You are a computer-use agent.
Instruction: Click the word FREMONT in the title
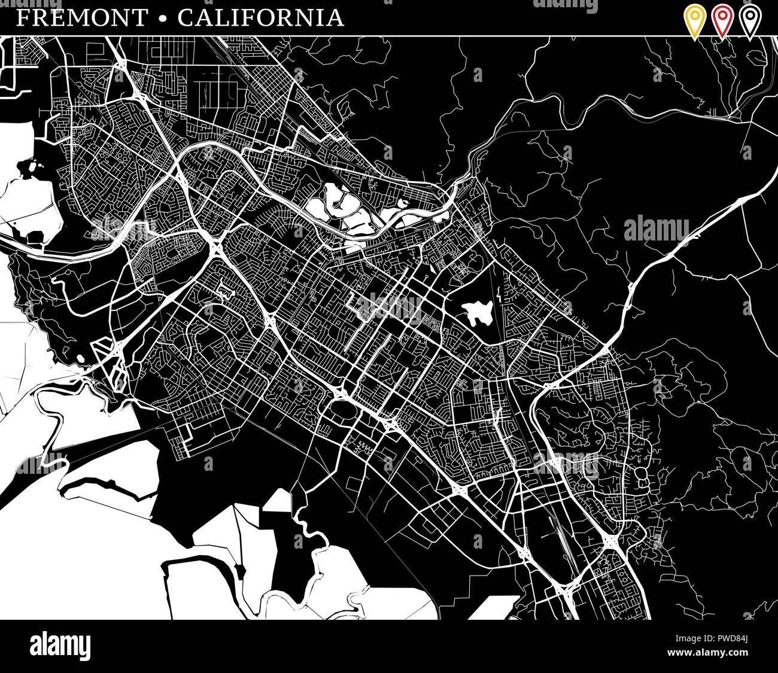(81, 18)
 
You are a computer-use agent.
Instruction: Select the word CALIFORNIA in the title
(261, 18)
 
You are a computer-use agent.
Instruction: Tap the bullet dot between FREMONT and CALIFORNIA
(162, 19)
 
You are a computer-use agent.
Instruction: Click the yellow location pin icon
(694, 21)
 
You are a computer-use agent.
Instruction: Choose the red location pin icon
(722, 21)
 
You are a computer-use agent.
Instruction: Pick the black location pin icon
(750, 21)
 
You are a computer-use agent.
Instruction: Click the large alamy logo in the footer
(60, 646)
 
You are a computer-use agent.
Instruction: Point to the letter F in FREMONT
(22, 18)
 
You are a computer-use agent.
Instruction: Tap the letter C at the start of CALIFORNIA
(184, 18)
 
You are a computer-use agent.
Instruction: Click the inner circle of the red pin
(722, 16)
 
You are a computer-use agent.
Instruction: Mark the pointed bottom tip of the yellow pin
(694, 38)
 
